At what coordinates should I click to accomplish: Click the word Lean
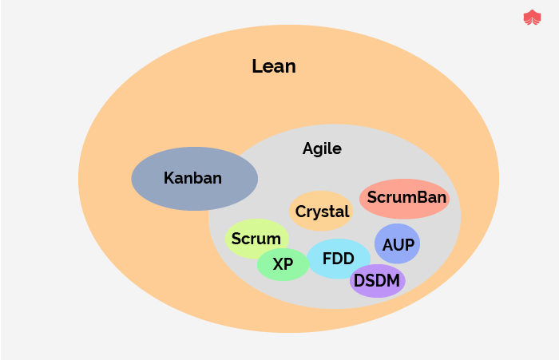tap(274, 66)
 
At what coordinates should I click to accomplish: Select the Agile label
tap(322, 148)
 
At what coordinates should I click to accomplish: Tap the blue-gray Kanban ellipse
tap(152, 192)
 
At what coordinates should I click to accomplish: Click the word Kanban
tap(192, 178)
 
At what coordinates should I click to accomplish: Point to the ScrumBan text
tap(406, 196)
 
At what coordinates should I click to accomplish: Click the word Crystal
tap(323, 212)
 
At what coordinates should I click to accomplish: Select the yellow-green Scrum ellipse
tap(240, 248)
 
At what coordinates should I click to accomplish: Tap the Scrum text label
tap(256, 238)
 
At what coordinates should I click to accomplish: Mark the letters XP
tap(283, 264)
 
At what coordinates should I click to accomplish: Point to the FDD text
tap(339, 259)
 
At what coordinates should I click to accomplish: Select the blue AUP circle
tap(397, 256)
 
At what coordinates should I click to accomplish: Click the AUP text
tap(398, 245)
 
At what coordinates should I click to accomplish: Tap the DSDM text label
tap(377, 280)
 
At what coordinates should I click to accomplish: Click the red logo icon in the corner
tap(532, 18)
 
